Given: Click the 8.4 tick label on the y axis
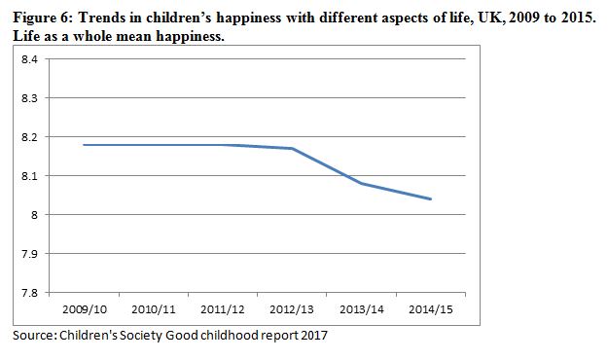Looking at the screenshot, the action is [29, 59].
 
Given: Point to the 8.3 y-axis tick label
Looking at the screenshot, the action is [29, 98].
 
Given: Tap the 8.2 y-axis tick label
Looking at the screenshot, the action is [29, 137].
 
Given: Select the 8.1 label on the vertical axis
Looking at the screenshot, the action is [29, 176].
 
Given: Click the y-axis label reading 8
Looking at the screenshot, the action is [34, 215].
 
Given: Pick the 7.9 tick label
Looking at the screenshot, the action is [29, 254].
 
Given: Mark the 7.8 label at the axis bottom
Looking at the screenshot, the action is [29, 293].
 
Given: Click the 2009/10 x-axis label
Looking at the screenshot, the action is [85, 309].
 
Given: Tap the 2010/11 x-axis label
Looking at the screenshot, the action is [154, 309].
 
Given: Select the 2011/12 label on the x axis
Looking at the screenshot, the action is [223, 309].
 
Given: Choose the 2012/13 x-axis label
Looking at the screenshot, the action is [292, 309].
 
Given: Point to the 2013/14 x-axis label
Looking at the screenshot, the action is [361, 309].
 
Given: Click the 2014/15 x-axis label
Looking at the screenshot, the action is [431, 309].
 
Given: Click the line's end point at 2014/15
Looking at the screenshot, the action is [431, 199].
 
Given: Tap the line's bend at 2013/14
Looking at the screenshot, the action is [361, 184].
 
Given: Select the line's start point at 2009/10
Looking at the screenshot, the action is [84, 145].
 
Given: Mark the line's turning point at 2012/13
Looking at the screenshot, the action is [292, 148].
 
